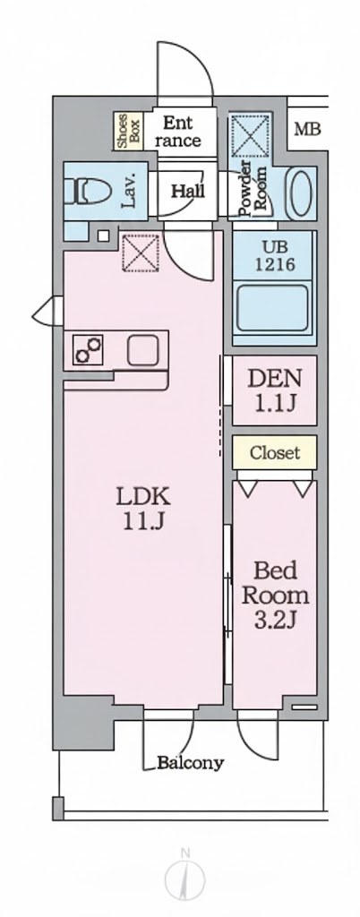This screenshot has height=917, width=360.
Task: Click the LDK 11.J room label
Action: click(x=141, y=508)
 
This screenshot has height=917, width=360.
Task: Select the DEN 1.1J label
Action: click(x=276, y=390)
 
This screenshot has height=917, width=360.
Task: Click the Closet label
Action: click(x=275, y=452)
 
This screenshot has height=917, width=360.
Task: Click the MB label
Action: click(x=307, y=130)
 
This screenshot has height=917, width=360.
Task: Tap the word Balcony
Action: click(x=190, y=764)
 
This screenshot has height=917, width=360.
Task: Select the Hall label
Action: click(x=188, y=190)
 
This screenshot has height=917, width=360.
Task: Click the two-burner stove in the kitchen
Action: click(x=89, y=349)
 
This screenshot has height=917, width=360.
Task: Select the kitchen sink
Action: click(x=143, y=349)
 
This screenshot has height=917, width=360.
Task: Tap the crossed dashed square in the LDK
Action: click(x=140, y=252)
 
